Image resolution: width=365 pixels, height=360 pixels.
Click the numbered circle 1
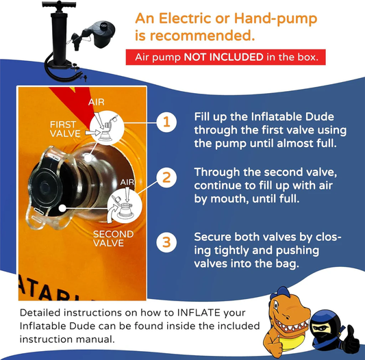[x=166, y=123]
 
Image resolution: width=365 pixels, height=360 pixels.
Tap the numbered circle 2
[x=166, y=177]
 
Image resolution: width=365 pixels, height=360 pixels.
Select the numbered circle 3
[x=166, y=242]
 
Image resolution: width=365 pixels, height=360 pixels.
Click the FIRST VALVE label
[x=65, y=129]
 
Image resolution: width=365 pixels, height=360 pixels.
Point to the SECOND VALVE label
[x=114, y=239]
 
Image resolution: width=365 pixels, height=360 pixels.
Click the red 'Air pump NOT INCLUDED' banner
[x=225, y=57]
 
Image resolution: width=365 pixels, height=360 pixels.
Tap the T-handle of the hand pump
[x=59, y=4]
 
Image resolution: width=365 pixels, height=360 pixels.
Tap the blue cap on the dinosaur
[x=282, y=293]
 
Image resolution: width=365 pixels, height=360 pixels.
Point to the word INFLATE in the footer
[x=199, y=313]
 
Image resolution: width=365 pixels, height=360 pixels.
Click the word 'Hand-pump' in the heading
[x=275, y=18]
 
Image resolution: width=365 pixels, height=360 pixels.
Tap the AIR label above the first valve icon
[x=97, y=102]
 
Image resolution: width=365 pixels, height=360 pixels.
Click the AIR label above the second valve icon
[x=127, y=182]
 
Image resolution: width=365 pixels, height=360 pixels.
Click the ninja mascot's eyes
[x=319, y=328]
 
